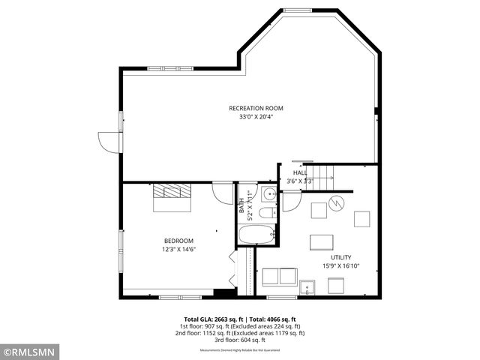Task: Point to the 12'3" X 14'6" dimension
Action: [x=178, y=249]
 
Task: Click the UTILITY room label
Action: [x=341, y=257]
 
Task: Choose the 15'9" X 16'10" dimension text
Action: [x=341, y=265]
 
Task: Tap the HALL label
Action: [x=300, y=173]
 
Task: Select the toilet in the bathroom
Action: [x=267, y=214]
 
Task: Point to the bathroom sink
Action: [x=269, y=194]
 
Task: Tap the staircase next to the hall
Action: [x=322, y=177]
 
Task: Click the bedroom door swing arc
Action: [x=223, y=193]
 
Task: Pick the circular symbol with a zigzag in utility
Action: [x=337, y=202]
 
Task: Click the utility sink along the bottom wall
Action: [x=307, y=287]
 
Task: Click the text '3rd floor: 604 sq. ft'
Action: [x=239, y=340]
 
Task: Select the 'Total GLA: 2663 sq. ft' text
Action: [x=213, y=319]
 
